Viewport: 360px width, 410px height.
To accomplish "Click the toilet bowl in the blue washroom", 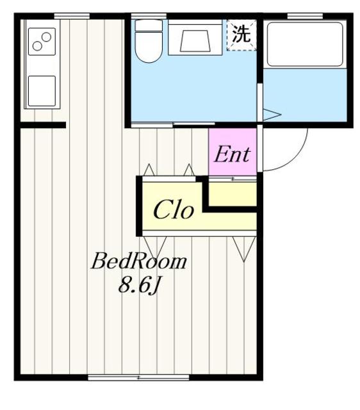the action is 149,47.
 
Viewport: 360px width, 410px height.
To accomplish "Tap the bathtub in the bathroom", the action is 305,44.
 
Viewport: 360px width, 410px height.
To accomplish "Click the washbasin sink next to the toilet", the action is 195,40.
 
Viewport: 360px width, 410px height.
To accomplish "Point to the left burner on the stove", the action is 37,46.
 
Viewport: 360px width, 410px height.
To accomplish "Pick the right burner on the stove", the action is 46,37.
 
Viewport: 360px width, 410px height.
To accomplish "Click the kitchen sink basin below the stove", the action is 42,91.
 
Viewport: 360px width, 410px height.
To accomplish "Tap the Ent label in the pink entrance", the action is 232,154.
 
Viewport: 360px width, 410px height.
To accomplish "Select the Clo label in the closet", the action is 174,209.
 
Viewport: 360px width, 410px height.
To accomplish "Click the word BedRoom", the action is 139,261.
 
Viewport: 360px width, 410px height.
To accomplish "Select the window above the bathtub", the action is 305,16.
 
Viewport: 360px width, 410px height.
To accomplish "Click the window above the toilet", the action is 149,16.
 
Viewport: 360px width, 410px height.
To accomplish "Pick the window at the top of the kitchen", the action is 72,16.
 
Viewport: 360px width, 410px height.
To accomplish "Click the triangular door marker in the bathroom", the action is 272,114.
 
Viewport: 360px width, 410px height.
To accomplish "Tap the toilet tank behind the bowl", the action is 149,26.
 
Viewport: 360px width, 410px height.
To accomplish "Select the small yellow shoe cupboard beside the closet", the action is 233,193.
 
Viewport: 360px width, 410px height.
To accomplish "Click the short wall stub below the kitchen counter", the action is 43,126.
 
